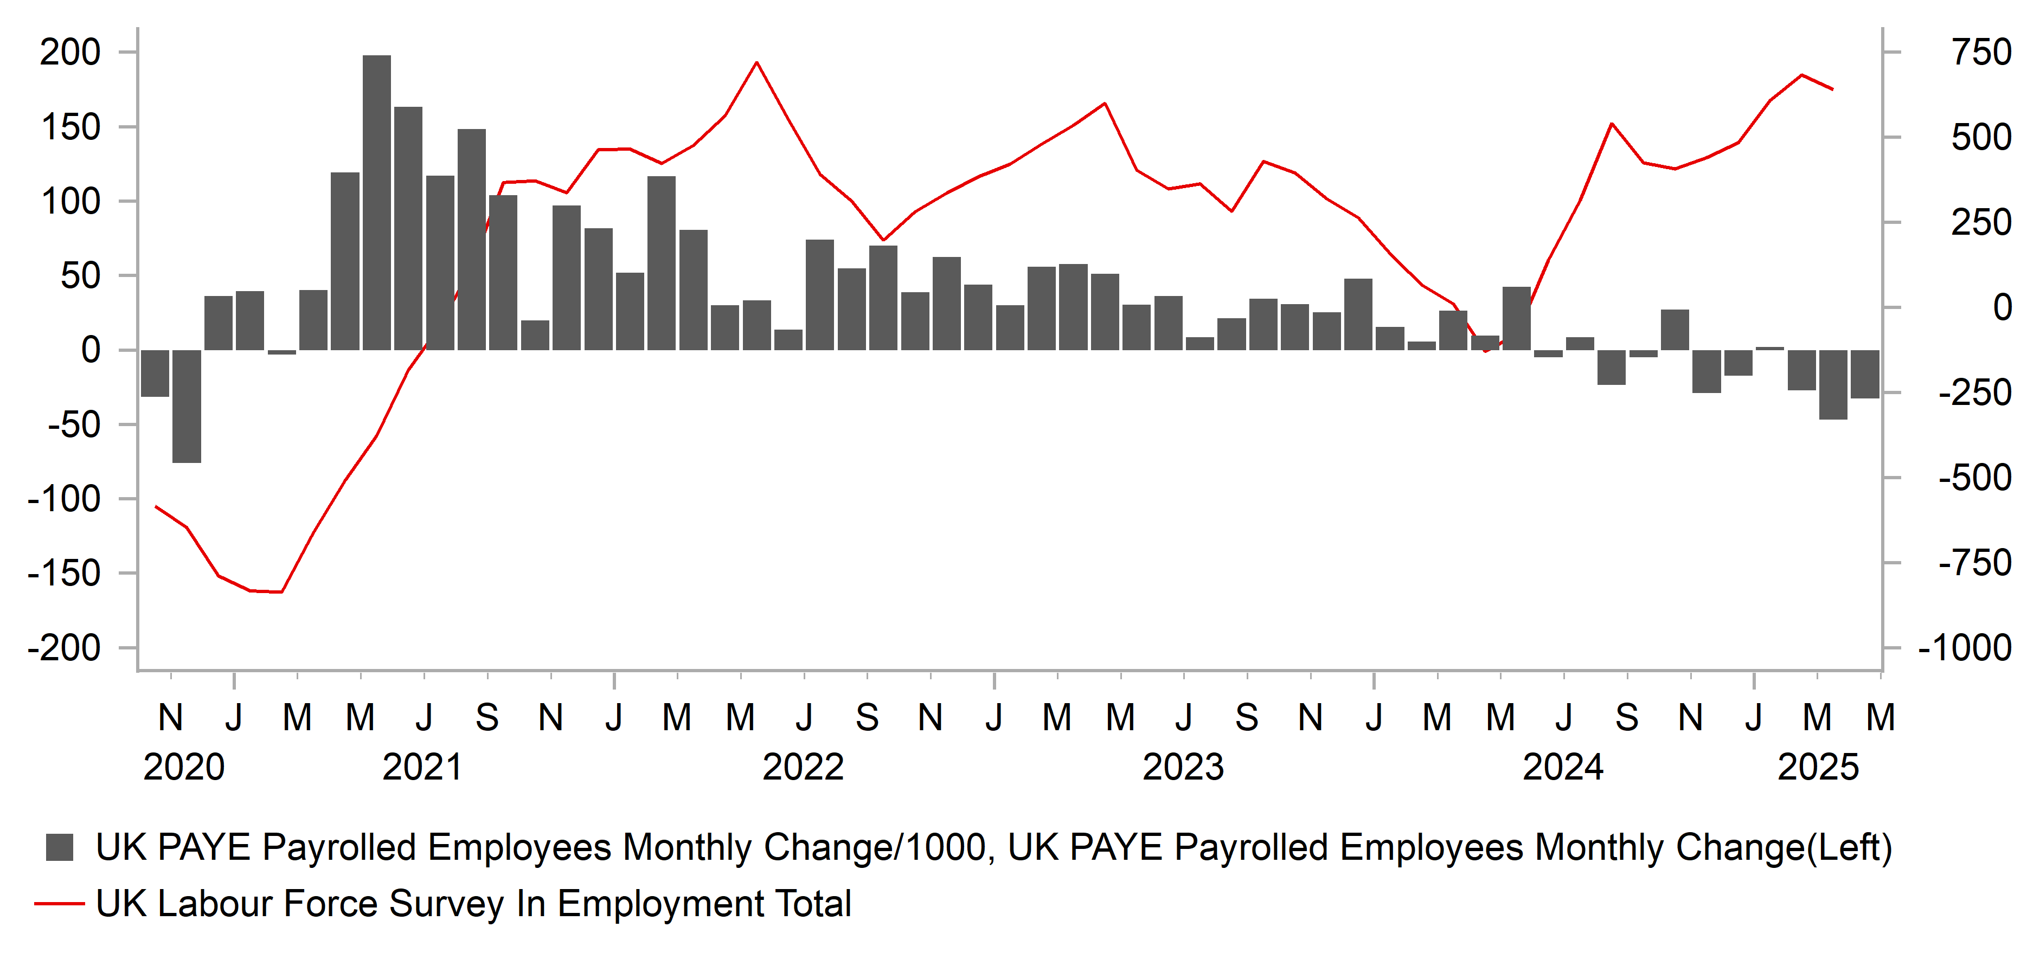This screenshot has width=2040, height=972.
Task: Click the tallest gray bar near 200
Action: [x=376, y=202]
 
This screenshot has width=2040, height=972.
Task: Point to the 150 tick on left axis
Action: [x=70, y=127]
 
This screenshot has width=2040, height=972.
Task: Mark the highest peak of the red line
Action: [x=756, y=62]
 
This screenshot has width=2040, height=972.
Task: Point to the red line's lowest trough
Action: [x=281, y=591]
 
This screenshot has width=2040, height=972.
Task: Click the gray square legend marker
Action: [x=60, y=847]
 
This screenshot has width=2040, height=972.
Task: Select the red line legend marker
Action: [x=60, y=903]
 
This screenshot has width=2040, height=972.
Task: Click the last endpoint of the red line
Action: [x=1832, y=89]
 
